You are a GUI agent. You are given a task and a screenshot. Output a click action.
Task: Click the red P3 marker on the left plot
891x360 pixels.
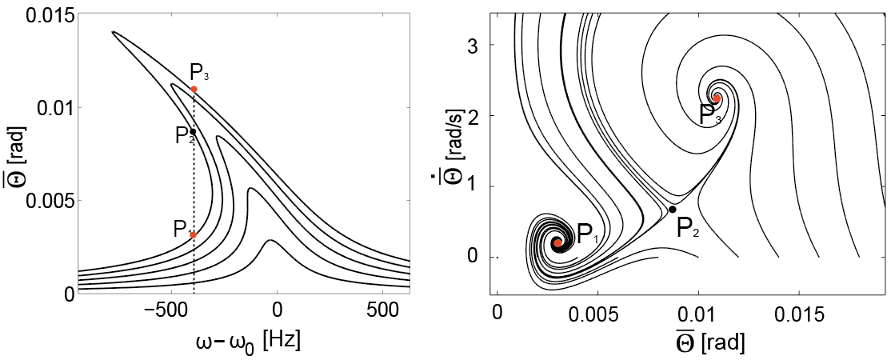[x=194, y=89]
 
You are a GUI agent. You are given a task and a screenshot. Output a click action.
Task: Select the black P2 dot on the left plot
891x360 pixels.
[x=194, y=131]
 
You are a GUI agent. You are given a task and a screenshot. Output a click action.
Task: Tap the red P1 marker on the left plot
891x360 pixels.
[x=194, y=234]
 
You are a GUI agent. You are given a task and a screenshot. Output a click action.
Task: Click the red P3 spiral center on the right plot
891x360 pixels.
[x=717, y=98]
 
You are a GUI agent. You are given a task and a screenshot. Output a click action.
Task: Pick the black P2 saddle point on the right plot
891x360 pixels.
[x=672, y=210]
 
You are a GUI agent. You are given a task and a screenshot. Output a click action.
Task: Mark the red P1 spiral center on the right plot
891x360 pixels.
[x=557, y=242]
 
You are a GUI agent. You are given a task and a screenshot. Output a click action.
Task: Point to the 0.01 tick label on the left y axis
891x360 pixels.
[x=50, y=107]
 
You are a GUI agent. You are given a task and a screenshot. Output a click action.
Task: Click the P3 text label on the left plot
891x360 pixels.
[x=200, y=72]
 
